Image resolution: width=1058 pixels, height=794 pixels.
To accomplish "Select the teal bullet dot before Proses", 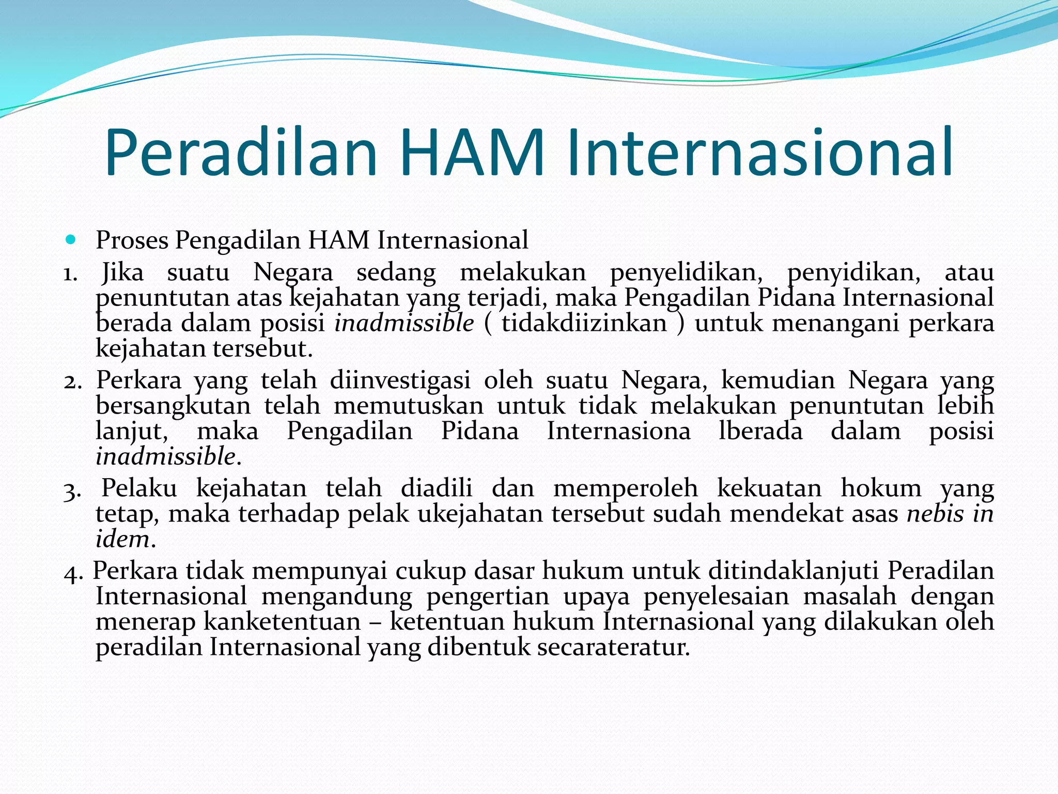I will click(71, 240).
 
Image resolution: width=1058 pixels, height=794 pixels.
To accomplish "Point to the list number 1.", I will click(70, 273).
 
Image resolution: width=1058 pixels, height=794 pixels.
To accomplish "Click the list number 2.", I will click(72, 381).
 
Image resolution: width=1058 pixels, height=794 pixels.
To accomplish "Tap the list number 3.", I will click(72, 490).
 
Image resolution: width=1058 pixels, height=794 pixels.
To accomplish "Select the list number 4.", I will click(73, 572).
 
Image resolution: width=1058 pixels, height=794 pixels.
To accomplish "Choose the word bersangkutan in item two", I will click(173, 406).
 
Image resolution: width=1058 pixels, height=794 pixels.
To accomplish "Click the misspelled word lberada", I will click(760, 432).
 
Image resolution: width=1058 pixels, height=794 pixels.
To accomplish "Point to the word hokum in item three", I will click(881, 488).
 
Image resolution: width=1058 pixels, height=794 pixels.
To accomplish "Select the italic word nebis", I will click(935, 514).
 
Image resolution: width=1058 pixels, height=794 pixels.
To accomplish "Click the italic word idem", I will click(123, 540).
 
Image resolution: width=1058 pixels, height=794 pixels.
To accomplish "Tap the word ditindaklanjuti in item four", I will click(793, 571).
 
